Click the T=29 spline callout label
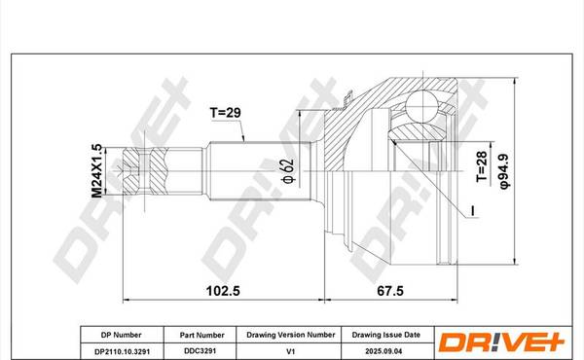pos(226,113)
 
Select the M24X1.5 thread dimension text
pos(96,171)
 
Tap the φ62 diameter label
pos(289,171)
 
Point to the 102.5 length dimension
pos(223,291)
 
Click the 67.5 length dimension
pos(390,291)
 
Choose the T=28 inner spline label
pos(482,166)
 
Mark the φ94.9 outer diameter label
pos(505,170)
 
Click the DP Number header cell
pos(122,335)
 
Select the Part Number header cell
pos(201,335)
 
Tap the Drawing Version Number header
pos(291,335)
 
